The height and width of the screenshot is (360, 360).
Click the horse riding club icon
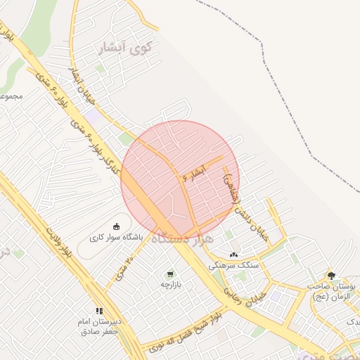[116, 226]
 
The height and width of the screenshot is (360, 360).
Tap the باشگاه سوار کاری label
[115, 238]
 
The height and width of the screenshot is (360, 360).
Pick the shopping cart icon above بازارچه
[169, 274]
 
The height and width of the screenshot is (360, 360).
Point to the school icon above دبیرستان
[99, 310]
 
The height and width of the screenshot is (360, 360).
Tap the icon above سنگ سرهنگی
[233, 254]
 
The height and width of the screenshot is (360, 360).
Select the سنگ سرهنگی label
[234, 266]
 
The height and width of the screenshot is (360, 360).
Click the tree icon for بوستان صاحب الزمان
[331, 275]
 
